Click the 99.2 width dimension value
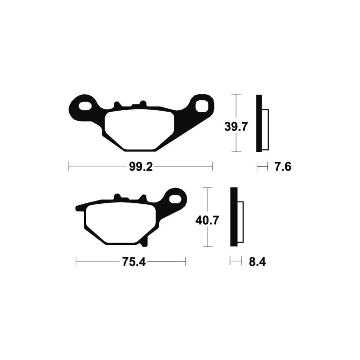(x=141, y=167)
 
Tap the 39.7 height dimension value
(x=236, y=127)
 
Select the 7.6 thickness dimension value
(x=283, y=167)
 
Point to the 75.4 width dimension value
(x=134, y=262)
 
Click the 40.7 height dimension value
(x=207, y=220)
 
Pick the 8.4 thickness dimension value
(x=257, y=262)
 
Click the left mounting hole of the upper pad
(x=85, y=106)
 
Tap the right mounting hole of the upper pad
(x=202, y=106)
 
